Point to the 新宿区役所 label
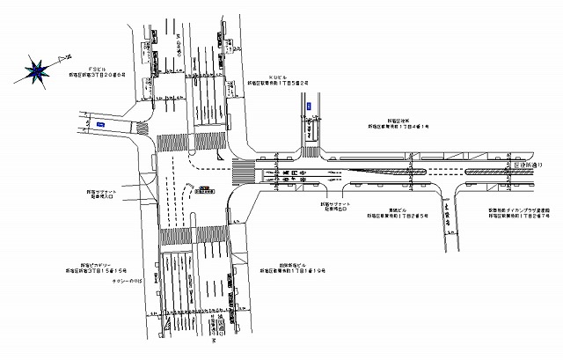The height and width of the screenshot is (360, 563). click(x=396, y=121)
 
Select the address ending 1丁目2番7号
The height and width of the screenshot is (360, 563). click(x=520, y=215)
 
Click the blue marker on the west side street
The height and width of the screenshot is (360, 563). click(x=101, y=125)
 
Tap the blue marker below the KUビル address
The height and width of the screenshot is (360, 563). click(x=310, y=107)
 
